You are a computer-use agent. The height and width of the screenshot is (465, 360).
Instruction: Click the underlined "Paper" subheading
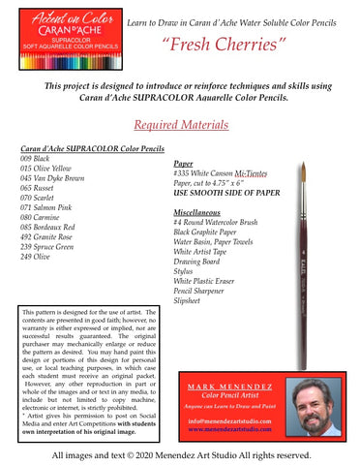[x=184, y=165]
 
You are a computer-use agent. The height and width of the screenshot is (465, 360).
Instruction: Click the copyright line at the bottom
[x=180, y=453]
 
